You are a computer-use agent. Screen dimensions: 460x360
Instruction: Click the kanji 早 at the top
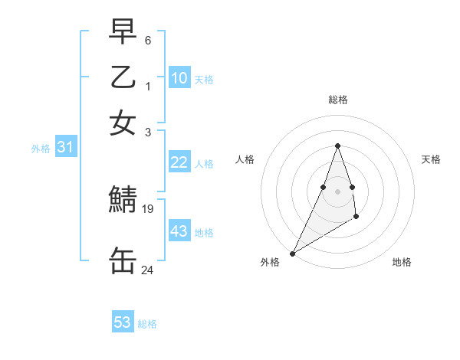123,31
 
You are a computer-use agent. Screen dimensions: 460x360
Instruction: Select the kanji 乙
123,77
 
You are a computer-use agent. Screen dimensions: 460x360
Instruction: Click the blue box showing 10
179,78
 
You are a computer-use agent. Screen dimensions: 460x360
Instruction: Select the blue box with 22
179,162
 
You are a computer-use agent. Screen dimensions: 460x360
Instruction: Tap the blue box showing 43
179,231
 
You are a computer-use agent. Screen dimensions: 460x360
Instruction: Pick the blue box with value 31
65,148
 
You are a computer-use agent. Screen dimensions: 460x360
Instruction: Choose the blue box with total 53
123,322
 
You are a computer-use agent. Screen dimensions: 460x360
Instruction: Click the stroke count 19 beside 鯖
149,208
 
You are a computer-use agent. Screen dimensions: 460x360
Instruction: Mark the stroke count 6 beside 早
148,40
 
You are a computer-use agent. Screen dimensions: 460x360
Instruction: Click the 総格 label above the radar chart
338,100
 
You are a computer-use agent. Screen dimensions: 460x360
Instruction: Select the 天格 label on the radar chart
432,159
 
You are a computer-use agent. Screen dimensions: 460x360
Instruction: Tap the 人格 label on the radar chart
245,159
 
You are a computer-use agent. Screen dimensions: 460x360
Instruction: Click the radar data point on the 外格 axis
292,254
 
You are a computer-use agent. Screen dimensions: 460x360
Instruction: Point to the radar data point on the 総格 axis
337,146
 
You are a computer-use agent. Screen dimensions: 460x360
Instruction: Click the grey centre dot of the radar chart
337,191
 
